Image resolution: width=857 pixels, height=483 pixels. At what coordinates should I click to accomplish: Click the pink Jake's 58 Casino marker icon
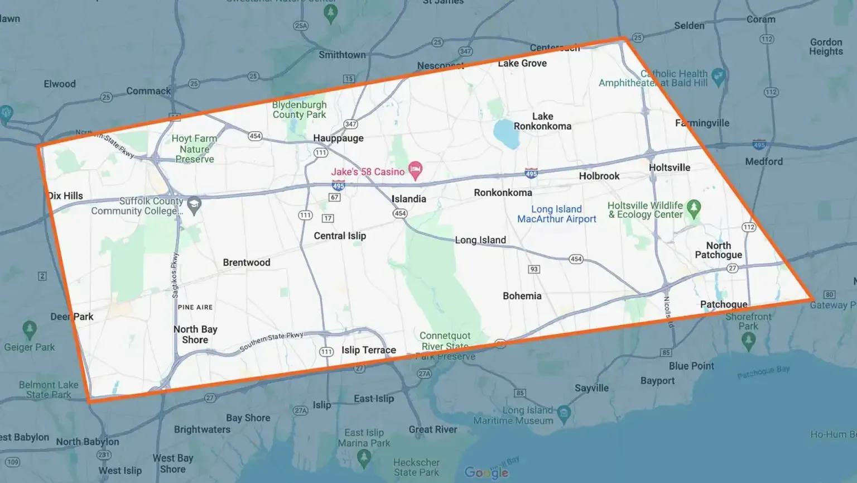415,170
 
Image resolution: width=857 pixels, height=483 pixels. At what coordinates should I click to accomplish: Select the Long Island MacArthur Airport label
556,214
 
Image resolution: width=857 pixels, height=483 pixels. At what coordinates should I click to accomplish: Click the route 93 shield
534,269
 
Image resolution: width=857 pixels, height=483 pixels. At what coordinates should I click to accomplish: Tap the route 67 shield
335,197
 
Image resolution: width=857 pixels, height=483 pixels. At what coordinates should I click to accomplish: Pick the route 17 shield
328,218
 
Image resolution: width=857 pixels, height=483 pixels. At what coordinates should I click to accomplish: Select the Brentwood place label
246,262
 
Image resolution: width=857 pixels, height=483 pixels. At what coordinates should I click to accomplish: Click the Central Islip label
340,236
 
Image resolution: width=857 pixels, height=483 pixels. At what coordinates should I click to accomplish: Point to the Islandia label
408,199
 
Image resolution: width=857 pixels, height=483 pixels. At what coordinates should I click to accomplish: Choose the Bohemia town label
522,296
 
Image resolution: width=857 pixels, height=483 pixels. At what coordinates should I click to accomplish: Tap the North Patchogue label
718,250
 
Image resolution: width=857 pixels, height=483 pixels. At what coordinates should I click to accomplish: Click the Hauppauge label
338,138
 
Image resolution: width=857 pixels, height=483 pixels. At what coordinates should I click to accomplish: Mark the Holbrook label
599,176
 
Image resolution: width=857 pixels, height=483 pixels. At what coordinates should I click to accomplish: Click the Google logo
486,472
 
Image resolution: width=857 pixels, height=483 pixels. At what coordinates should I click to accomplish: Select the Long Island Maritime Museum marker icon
564,413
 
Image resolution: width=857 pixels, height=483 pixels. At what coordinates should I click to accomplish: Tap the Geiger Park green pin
30,329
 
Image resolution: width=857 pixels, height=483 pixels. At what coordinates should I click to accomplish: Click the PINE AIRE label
195,307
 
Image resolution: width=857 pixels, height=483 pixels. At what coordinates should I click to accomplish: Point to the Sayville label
591,388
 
